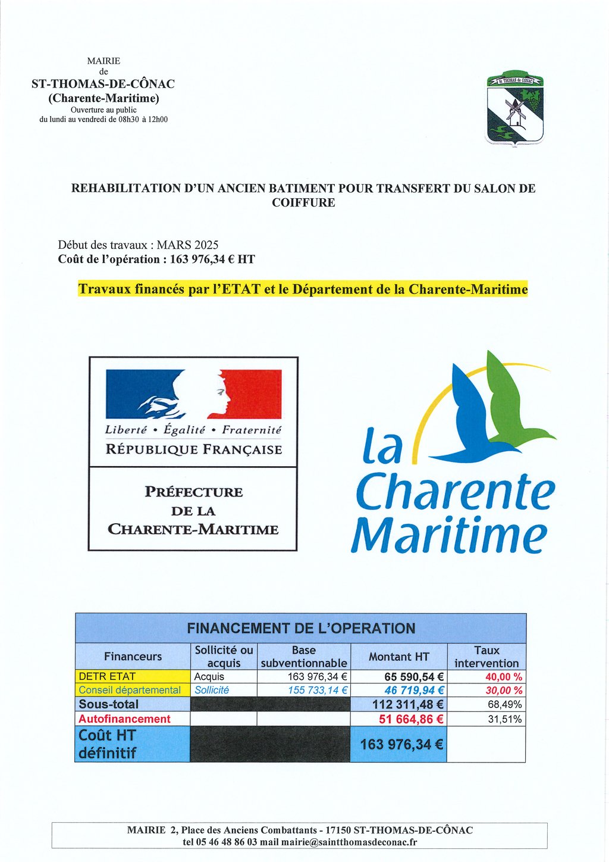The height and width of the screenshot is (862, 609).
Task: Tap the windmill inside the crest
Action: click(514, 112)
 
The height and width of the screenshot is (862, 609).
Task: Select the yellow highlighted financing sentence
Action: click(303, 290)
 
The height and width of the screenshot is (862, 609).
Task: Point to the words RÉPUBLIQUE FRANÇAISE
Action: click(194, 449)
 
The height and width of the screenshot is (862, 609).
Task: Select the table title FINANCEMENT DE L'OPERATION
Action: click(301, 629)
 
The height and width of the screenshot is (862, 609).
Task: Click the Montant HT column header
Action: click(398, 657)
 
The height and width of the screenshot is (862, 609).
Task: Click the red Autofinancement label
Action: click(124, 719)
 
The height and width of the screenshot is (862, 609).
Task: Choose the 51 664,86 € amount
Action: click(411, 719)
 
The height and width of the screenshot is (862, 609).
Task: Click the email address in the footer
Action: click(349, 842)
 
